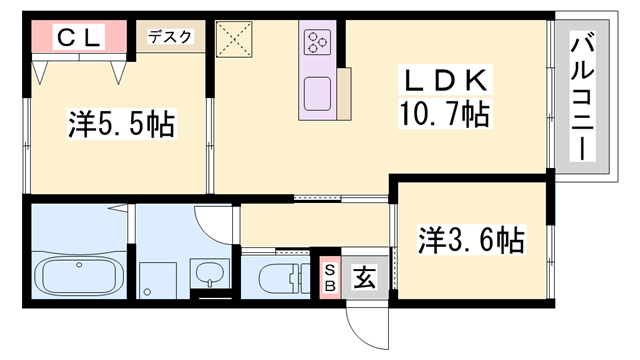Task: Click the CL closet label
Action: (x=77, y=39)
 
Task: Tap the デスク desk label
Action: (x=169, y=37)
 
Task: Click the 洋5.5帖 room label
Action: (x=121, y=124)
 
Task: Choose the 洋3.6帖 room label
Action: (x=471, y=240)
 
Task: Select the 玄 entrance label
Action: (x=361, y=276)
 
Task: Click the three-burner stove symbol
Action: (x=319, y=41)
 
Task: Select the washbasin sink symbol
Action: (x=208, y=273)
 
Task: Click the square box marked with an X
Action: (x=237, y=41)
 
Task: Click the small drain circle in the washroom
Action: (x=148, y=291)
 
